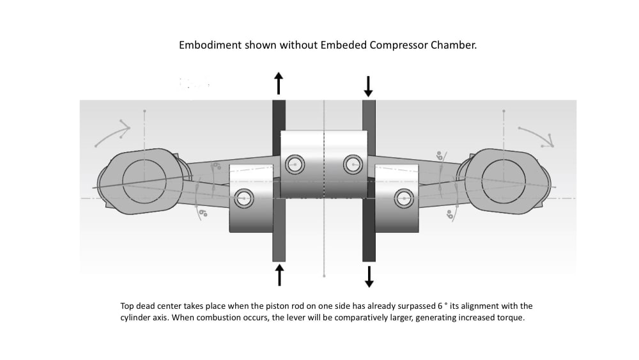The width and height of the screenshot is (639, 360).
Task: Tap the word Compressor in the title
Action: coord(400,46)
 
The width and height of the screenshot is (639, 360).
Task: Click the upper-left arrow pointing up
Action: coord(279,84)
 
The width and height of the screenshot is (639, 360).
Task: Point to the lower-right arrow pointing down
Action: coord(369,276)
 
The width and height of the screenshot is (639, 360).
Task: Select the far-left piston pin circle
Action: coord(243,198)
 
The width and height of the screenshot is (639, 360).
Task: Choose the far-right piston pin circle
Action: coord(403,198)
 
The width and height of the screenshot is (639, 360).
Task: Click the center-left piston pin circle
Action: coord(295,164)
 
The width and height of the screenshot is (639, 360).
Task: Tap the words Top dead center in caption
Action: coord(148,306)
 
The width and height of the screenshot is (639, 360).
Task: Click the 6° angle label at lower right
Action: coord(449,214)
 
